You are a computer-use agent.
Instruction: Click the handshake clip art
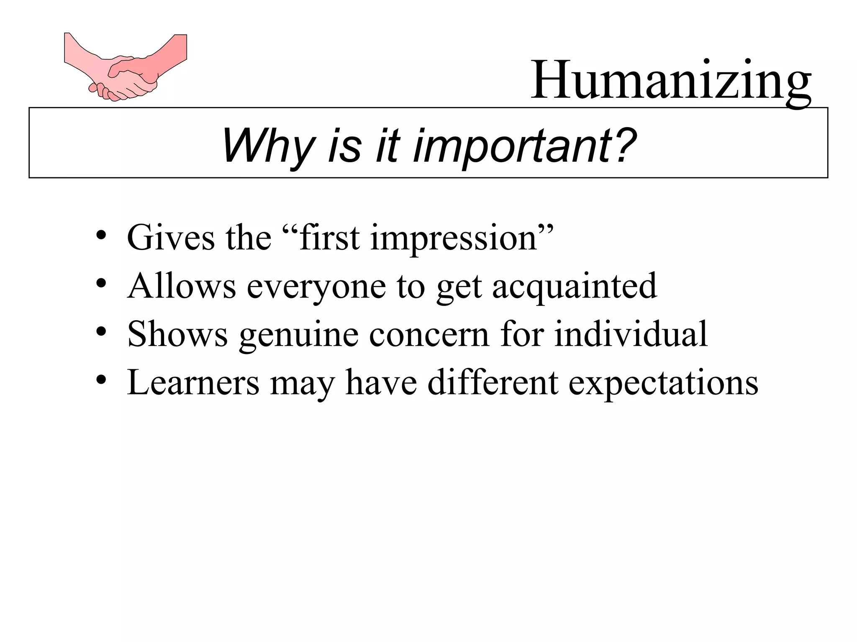point(126,67)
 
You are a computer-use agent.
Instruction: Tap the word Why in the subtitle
point(268,146)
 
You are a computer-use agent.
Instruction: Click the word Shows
point(178,334)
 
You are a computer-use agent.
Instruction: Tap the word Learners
point(193,382)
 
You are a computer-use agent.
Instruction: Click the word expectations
point(663,383)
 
